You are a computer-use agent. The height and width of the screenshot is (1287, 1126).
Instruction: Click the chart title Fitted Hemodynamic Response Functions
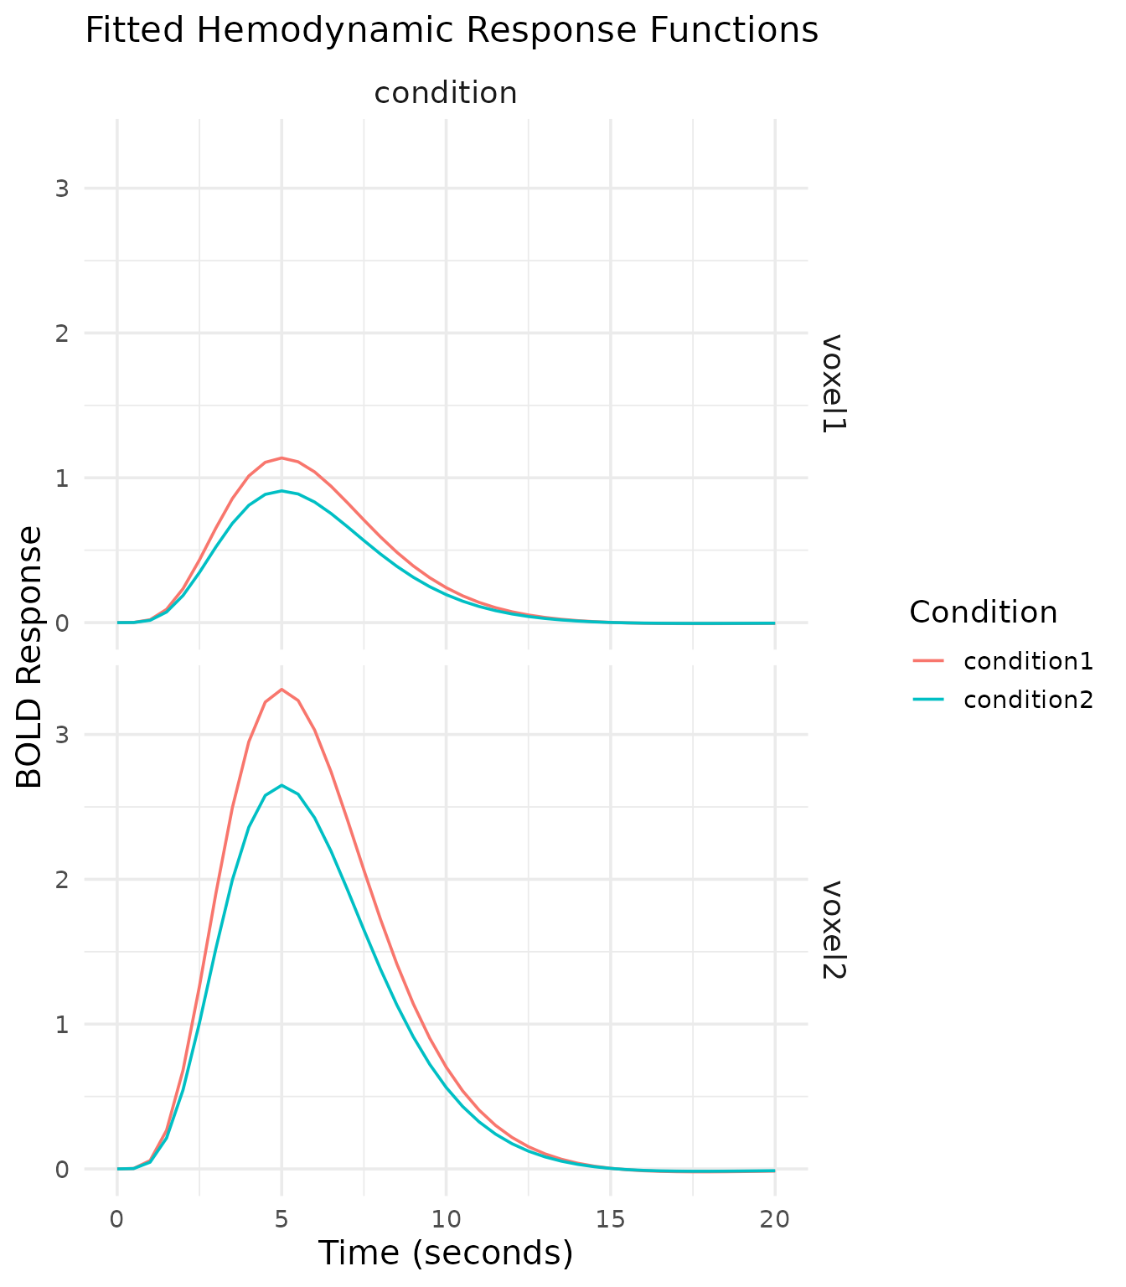(452, 31)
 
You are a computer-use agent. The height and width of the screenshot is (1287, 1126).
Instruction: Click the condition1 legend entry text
(1028, 661)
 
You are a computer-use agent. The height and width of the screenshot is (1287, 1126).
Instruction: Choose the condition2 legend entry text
(1028, 700)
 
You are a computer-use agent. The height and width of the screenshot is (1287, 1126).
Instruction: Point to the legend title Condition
(983, 612)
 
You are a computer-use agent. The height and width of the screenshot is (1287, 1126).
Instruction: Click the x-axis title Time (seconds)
(446, 1253)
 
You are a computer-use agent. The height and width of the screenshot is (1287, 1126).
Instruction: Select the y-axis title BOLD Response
(30, 657)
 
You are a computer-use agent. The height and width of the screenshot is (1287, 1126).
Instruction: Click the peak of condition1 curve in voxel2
(281, 690)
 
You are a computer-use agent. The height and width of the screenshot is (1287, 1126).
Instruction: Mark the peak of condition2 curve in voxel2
(281, 785)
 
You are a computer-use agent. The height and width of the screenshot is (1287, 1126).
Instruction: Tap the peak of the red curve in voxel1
(281, 458)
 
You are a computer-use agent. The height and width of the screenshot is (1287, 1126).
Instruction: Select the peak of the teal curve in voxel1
(281, 491)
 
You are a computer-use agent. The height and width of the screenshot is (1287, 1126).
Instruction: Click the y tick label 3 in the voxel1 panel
(61, 189)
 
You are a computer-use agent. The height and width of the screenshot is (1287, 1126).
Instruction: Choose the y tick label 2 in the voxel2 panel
(61, 880)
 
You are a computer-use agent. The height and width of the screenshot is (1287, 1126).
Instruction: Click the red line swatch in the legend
(928, 661)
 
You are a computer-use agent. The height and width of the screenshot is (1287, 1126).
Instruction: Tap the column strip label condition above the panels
(446, 93)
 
